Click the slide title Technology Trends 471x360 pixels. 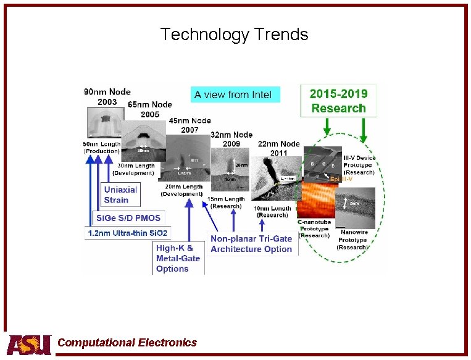pyautogui.click(x=234, y=34)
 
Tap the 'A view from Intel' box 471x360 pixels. pyautogui.click(x=235, y=94)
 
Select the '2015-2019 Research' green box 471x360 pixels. pyautogui.click(x=338, y=101)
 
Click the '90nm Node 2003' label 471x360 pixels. pyautogui.click(x=107, y=97)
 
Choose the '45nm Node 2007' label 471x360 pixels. pyautogui.click(x=189, y=125)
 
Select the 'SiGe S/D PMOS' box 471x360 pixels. pyautogui.click(x=127, y=217)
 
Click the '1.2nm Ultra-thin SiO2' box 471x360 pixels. pyautogui.click(x=128, y=233)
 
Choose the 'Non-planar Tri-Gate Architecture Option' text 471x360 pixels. pyautogui.click(x=251, y=244)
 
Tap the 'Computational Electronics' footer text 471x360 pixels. pyautogui.click(x=127, y=343)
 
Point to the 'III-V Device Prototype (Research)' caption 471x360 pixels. pyautogui.click(x=360, y=165)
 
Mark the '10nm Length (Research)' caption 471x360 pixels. pyautogui.click(x=271, y=212)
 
